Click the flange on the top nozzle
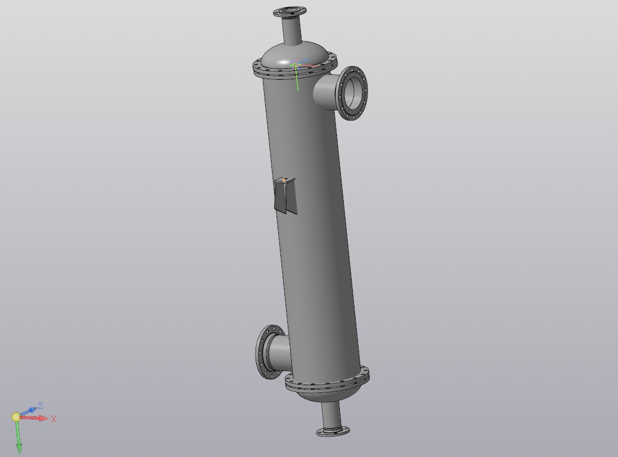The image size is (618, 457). coord(289,12)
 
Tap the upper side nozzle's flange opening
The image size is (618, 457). coord(353,93)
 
